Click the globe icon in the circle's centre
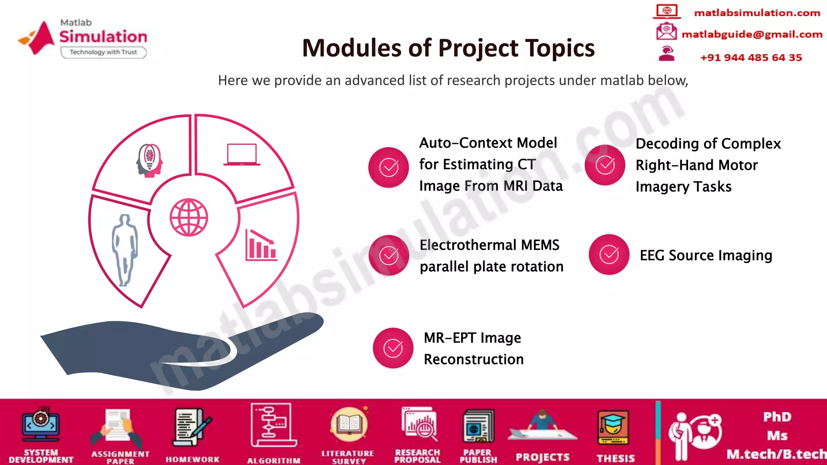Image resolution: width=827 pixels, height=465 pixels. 189,217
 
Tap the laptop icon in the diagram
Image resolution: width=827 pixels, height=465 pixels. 241,155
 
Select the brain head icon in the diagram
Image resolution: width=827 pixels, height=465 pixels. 149,160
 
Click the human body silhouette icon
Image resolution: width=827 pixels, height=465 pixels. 125,250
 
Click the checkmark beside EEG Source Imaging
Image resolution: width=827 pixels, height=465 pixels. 609,255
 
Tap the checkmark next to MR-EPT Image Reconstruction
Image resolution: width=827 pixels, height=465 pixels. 393,348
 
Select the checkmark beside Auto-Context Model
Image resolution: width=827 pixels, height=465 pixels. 388,167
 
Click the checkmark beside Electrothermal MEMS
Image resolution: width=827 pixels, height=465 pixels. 389,255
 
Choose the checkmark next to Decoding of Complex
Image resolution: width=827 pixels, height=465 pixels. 605,165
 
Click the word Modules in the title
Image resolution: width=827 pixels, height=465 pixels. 351,48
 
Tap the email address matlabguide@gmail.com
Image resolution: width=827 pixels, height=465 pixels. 752,34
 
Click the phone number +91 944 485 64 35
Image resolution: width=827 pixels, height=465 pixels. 751,58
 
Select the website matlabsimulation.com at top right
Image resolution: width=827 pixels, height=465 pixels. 757,13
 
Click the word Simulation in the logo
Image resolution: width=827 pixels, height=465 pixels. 103,37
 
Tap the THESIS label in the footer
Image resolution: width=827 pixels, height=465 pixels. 616,458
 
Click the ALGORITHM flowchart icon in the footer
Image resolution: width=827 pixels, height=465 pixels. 273,425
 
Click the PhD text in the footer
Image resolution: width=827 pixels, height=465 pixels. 777,417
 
